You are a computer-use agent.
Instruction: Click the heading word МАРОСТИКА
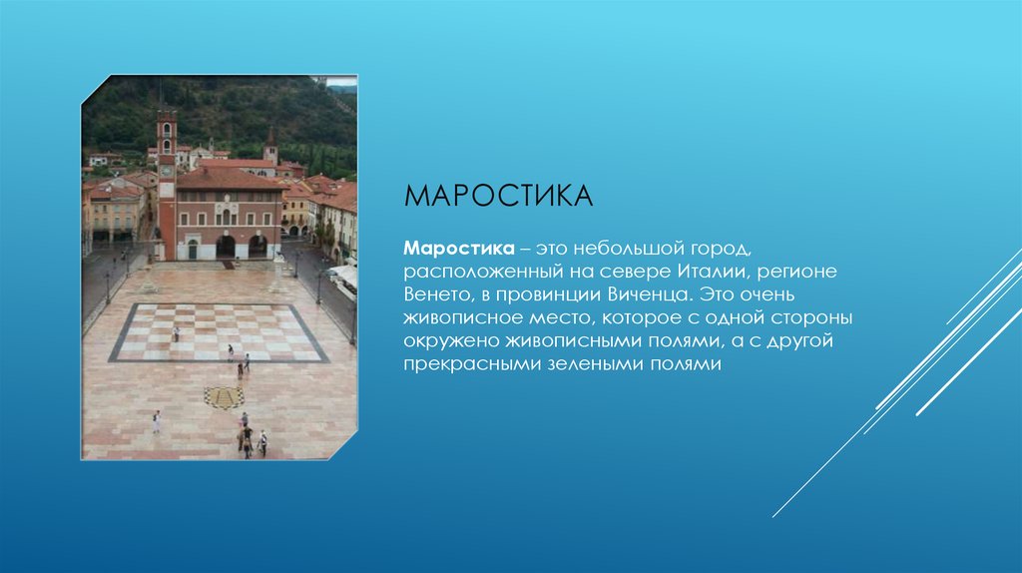point(498,195)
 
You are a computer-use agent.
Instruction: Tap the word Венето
point(437,295)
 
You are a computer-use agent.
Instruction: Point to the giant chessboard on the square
point(218,332)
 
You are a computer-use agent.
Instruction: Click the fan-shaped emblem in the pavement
point(224,396)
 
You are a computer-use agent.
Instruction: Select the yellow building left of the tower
point(116,215)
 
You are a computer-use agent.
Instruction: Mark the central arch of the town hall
point(227,246)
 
